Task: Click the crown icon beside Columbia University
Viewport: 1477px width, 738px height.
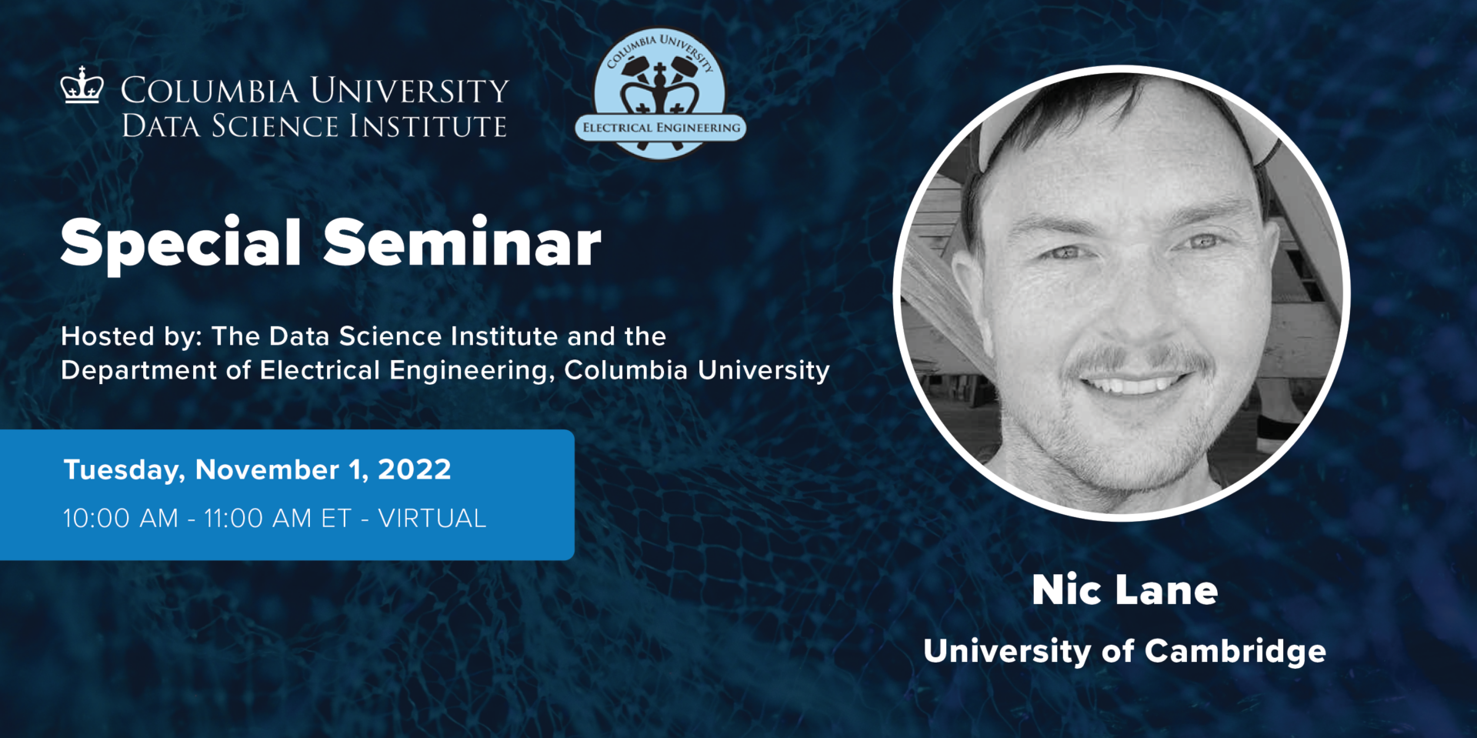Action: coord(82,85)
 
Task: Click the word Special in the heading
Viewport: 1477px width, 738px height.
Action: coord(180,243)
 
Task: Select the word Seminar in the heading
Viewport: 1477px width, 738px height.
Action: coord(462,243)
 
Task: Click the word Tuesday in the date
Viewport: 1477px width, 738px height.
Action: coord(124,470)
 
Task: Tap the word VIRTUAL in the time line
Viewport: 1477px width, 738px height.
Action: coord(432,519)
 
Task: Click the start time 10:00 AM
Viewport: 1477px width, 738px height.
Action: coord(120,519)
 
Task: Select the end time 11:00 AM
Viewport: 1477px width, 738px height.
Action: coord(258,519)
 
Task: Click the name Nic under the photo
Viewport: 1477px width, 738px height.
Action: coord(1065,590)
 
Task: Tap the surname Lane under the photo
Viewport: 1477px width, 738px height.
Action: coord(1167,590)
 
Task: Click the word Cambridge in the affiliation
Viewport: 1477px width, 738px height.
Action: coord(1235,651)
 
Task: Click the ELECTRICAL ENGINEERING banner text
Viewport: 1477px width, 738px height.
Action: coord(661,128)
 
